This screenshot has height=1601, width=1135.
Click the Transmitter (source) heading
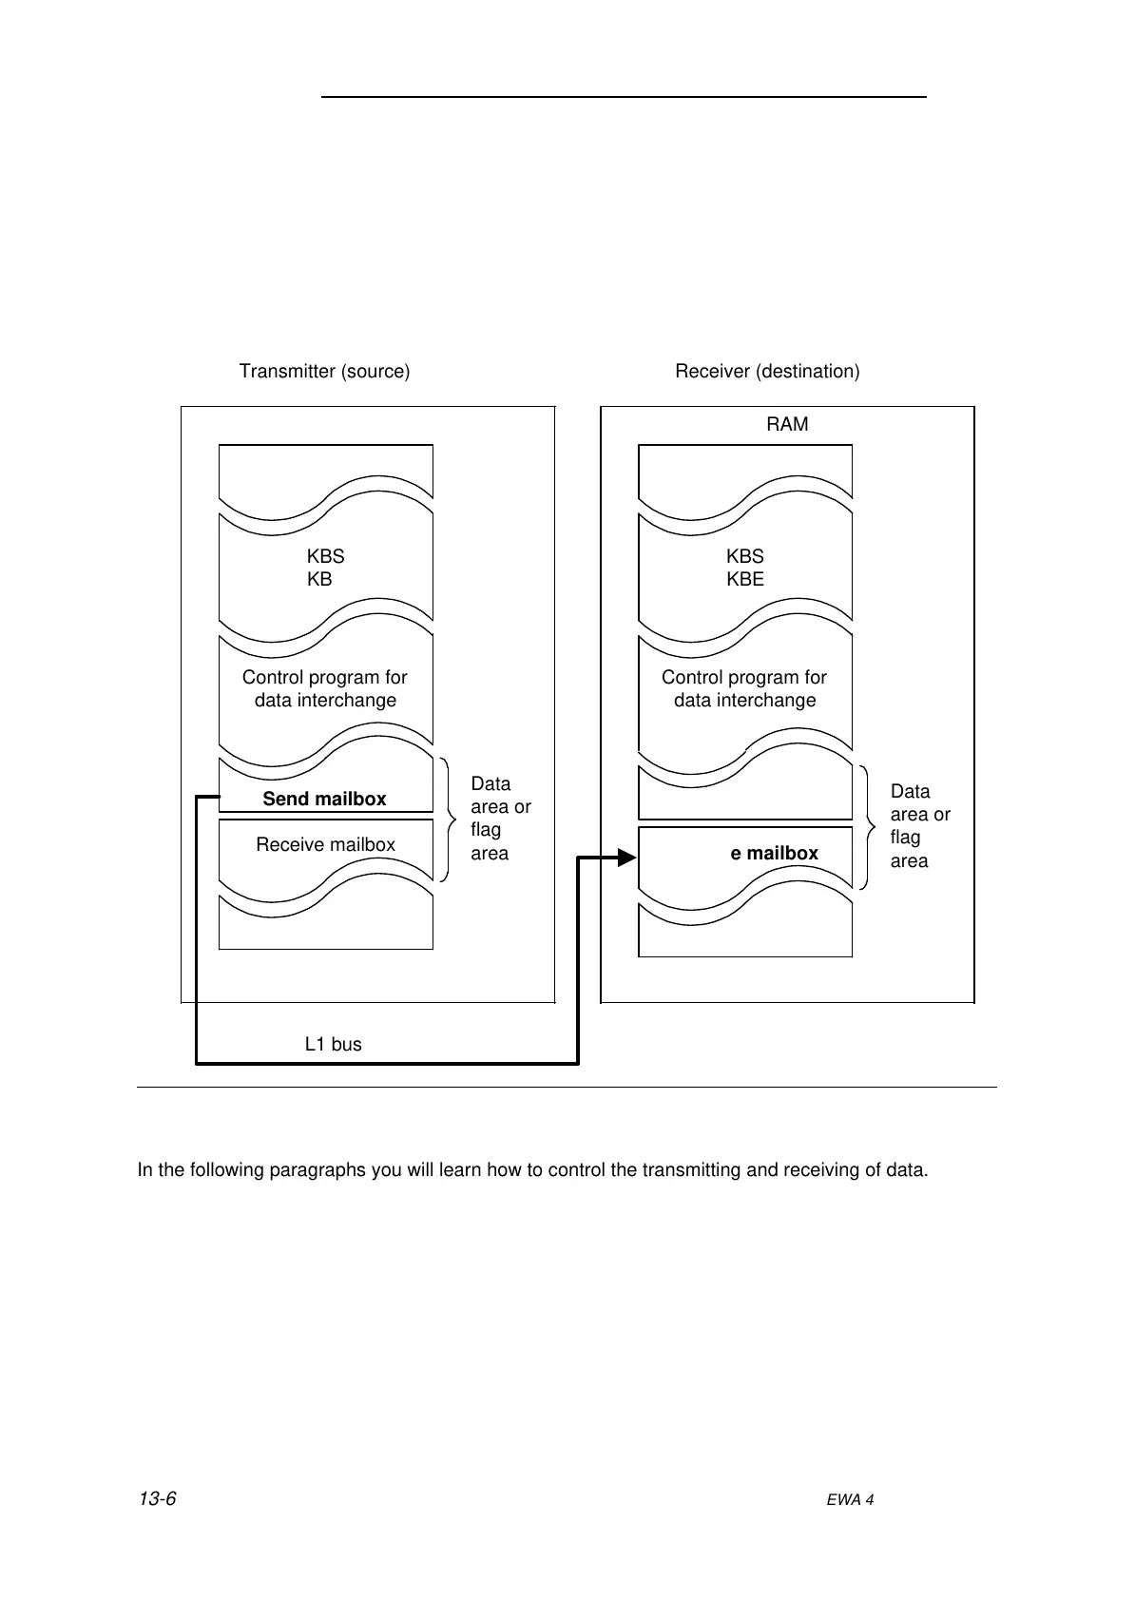(x=324, y=371)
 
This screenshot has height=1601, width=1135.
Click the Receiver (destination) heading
(x=767, y=371)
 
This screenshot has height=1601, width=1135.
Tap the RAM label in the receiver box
(x=787, y=424)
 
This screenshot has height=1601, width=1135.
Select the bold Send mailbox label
(x=324, y=799)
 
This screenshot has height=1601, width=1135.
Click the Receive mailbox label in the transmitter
(x=325, y=844)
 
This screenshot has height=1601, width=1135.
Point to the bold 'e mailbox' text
(x=774, y=853)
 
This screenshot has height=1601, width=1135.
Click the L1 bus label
(x=333, y=1044)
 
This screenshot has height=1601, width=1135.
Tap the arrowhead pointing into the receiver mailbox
(x=626, y=858)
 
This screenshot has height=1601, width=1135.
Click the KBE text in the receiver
(x=745, y=579)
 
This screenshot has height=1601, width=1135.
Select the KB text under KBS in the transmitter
(x=319, y=579)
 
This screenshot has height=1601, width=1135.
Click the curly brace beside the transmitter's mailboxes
(x=448, y=819)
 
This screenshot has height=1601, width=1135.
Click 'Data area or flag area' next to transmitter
(x=500, y=818)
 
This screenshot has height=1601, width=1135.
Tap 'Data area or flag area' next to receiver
(x=919, y=825)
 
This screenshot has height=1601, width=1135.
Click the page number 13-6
(x=158, y=1499)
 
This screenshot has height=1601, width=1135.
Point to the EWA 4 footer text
(x=850, y=1499)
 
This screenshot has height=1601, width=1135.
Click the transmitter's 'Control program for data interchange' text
(x=325, y=688)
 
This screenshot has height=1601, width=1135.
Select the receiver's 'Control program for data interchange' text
(x=744, y=688)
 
